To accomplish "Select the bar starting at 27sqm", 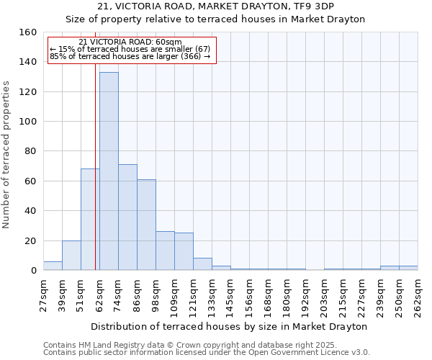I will [x=53, y=266].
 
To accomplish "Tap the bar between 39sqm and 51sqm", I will [x=71, y=256].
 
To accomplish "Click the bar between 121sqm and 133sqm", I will [x=202, y=264].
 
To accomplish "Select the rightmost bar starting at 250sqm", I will [x=408, y=268].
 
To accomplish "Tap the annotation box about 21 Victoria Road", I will [x=132, y=50].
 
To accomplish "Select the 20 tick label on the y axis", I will [x=32, y=240].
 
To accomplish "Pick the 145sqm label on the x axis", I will [x=230, y=294].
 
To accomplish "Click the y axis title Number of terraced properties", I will [x=7, y=154].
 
